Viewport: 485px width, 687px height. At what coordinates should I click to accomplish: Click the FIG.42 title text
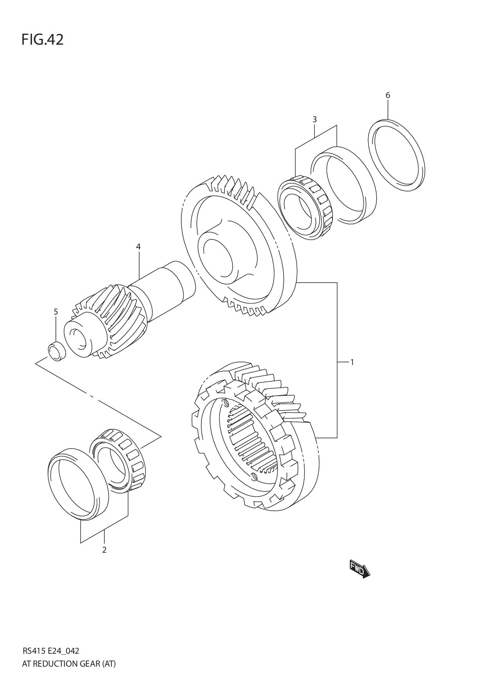tap(42, 40)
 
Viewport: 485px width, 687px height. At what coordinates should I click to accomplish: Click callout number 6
tap(388, 95)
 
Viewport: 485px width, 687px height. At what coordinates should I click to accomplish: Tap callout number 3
tap(314, 119)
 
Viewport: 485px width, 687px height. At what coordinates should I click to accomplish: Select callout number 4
tap(138, 247)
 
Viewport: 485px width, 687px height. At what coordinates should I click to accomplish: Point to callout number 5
tap(56, 312)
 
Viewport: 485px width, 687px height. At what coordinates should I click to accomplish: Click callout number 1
tap(352, 362)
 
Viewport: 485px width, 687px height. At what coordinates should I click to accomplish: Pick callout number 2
tap(104, 550)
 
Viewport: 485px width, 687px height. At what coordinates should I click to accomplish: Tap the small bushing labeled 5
tap(57, 351)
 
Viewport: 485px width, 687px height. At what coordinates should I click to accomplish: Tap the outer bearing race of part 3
tap(344, 184)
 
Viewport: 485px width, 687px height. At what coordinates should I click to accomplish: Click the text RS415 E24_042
tap(51, 651)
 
